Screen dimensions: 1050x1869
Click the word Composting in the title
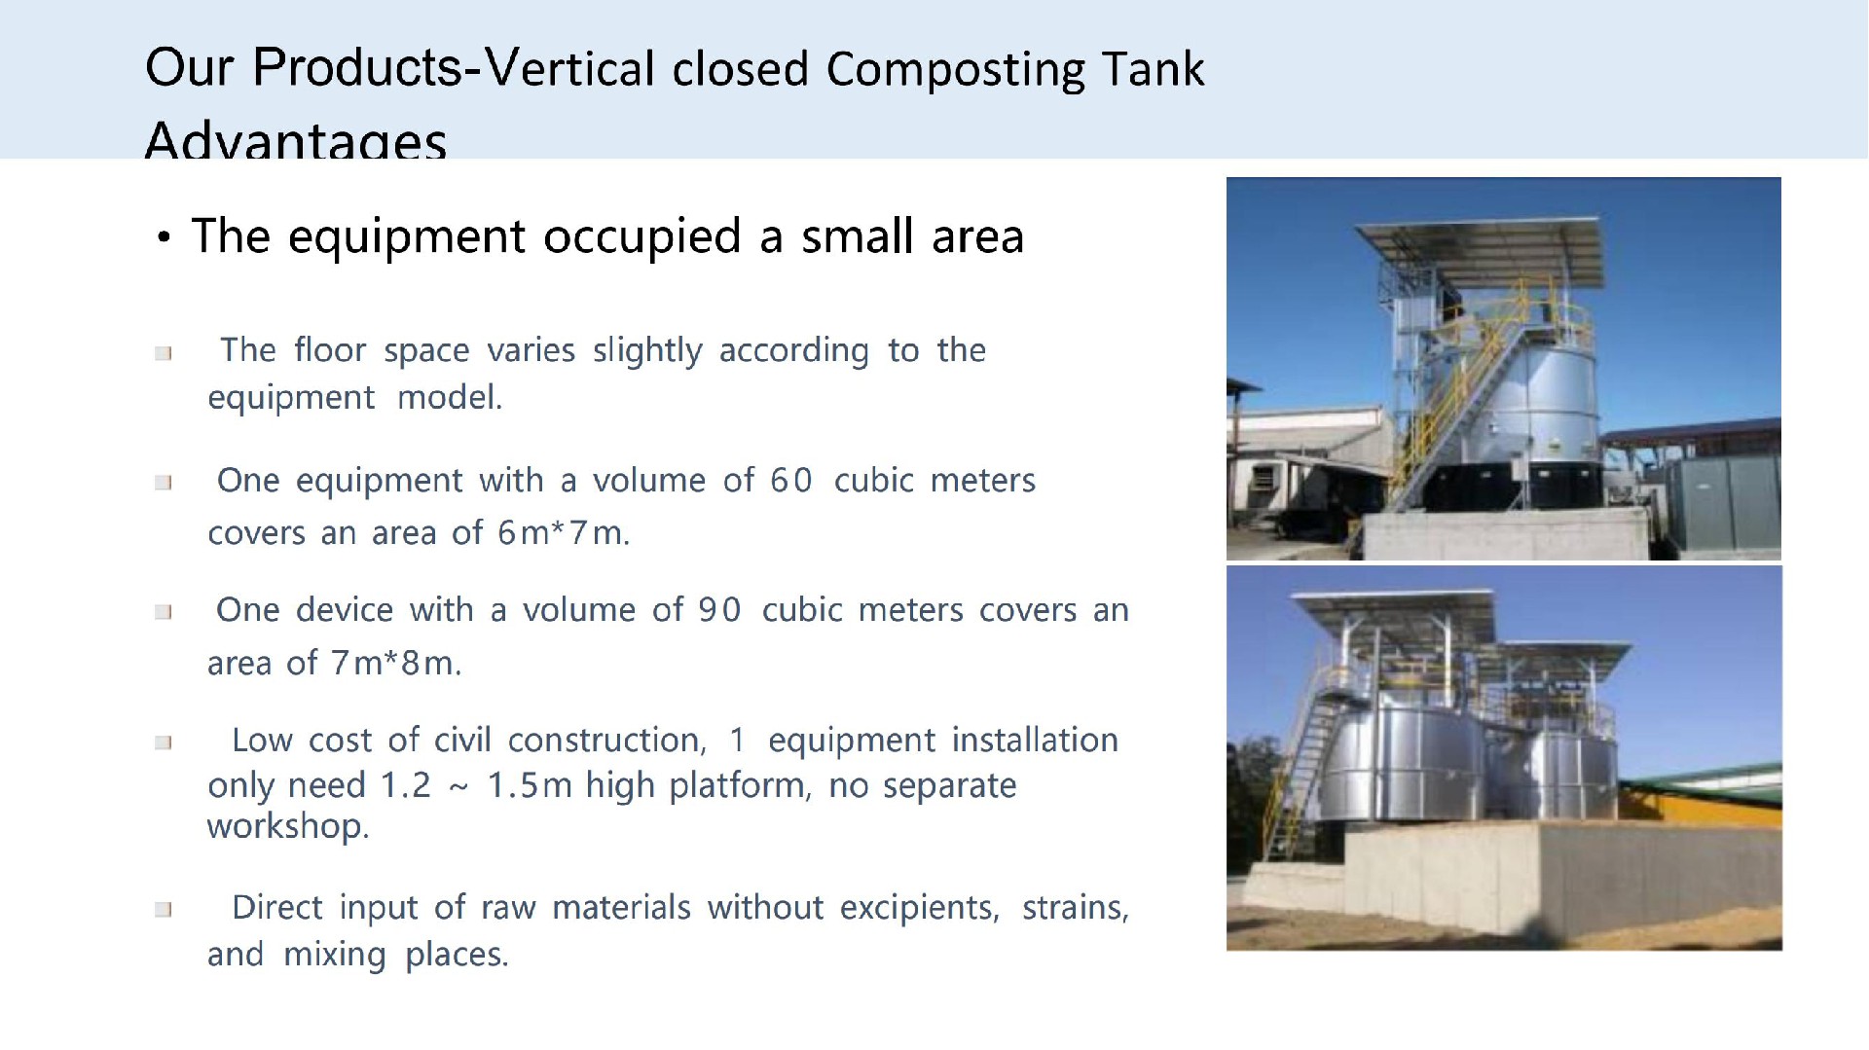coord(954,70)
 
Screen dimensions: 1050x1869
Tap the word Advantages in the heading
coord(295,141)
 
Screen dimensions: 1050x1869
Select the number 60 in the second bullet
coord(790,481)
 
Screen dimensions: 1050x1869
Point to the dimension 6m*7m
coord(562,533)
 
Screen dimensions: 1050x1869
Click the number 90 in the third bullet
coord(719,610)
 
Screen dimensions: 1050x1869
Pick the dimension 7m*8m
coord(394,664)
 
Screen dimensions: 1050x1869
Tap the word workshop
coord(287,826)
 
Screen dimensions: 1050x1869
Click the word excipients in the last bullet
coord(919,908)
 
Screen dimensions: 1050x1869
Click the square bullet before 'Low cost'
coord(164,742)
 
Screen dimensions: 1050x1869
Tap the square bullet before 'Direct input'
coord(164,910)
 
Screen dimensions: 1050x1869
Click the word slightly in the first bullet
coord(646,350)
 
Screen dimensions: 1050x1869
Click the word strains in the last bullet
coord(1074,908)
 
